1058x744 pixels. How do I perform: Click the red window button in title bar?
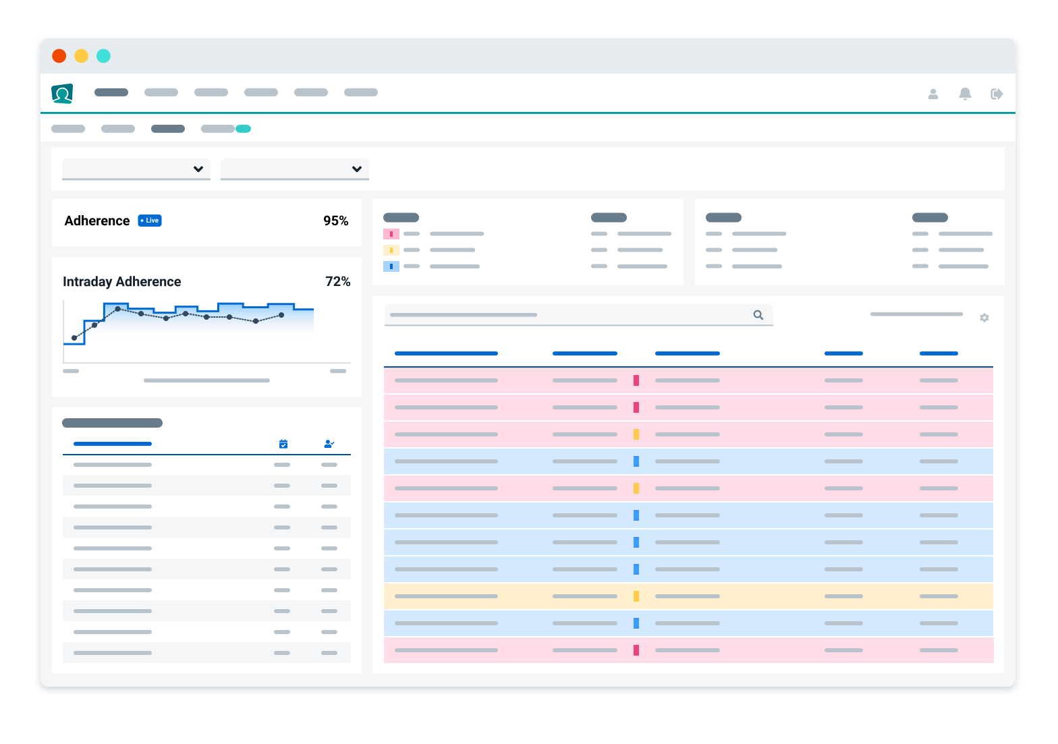pos(59,56)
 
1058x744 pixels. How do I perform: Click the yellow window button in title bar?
pos(81,56)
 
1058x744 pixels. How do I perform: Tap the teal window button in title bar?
pos(103,56)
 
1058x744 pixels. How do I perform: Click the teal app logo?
pos(62,94)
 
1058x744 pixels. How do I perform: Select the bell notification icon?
pos(965,94)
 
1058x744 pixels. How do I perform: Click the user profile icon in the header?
pos(933,94)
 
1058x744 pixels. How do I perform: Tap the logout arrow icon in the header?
pos(997,94)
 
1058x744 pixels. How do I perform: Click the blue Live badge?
pos(150,221)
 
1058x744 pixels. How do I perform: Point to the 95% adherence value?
pos(335,221)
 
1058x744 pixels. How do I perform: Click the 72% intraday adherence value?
pos(337,281)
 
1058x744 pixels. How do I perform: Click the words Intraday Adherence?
pos(122,281)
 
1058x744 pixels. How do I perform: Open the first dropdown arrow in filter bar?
pos(198,169)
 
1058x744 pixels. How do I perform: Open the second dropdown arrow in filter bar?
pos(357,169)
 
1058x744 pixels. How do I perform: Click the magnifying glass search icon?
pos(758,315)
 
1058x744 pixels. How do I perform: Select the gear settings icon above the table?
pos(984,318)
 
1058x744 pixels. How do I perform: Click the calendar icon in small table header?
pos(283,444)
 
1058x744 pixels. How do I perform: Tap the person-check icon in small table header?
pos(329,444)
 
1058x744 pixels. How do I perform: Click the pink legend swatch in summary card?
pos(391,234)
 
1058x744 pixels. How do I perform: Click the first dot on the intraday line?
pos(74,338)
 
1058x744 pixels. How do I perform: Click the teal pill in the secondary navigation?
pos(243,129)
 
